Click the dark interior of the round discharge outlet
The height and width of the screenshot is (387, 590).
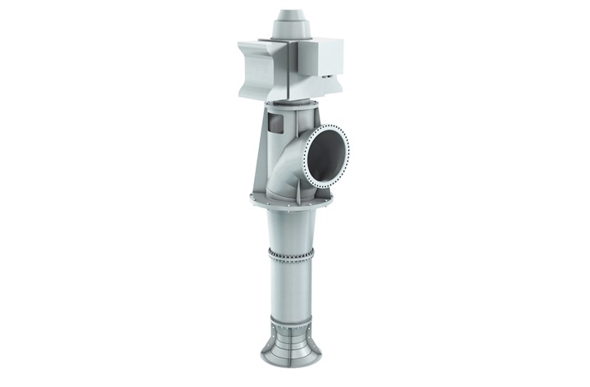point(328,152)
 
